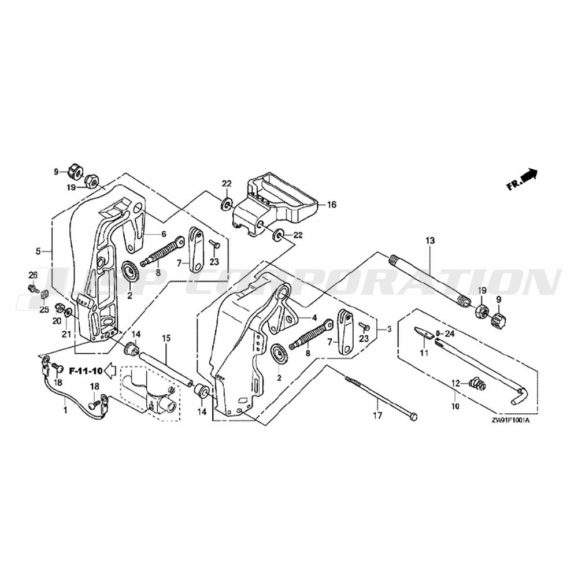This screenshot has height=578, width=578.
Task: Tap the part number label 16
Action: click(331, 205)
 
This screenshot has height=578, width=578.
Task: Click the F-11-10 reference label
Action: click(85, 370)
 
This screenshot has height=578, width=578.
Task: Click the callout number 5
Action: click(38, 251)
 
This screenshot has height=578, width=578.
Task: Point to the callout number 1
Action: click(65, 410)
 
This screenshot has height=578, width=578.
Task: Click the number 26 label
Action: click(32, 274)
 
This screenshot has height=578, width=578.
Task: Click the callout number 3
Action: click(389, 329)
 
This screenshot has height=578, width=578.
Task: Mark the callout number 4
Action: click(314, 318)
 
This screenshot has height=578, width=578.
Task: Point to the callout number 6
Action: click(164, 234)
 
